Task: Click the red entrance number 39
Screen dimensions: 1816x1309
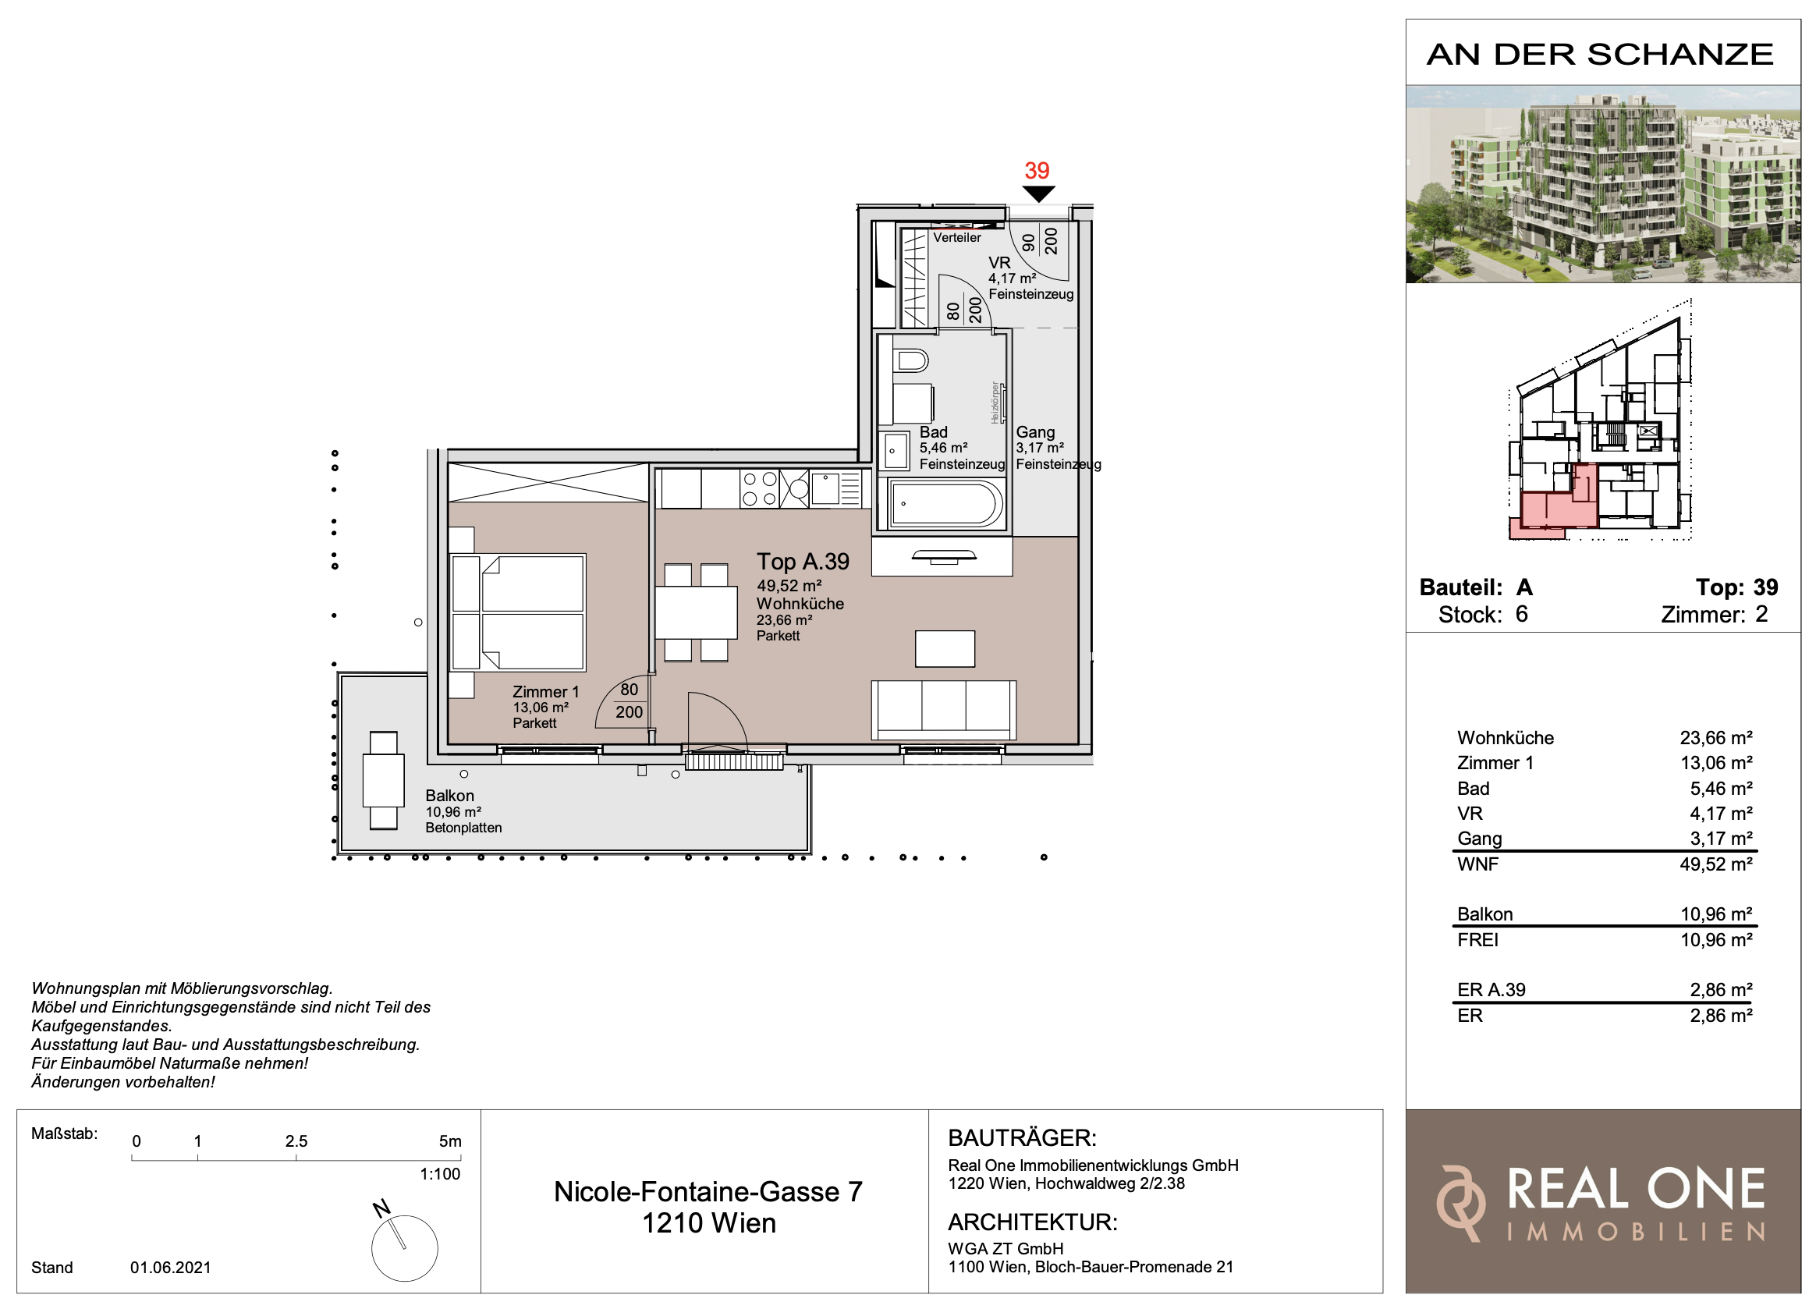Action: pyautogui.click(x=1037, y=171)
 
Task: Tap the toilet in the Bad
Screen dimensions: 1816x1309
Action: pyautogui.click(x=910, y=361)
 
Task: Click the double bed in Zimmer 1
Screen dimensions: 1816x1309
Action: pyautogui.click(x=518, y=612)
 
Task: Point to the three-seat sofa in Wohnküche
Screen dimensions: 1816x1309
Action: pyautogui.click(x=944, y=710)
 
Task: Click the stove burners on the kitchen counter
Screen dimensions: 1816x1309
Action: pyautogui.click(x=760, y=489)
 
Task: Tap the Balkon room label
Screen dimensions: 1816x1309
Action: pyautogui.click(x=449, y=796)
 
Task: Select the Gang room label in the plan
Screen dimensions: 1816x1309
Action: pyautogui.click(x=1035, y=432)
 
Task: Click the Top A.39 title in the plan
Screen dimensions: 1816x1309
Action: pyautogui.click(x=803, y=562)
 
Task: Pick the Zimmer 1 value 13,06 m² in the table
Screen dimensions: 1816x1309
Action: pyautogui.click(x=1716, y=763)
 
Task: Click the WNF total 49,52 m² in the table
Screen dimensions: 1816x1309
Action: pyautogui.click(x=1716, y=864)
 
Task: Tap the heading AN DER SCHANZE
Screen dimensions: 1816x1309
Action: pyautogui.click(x=1600, y=55)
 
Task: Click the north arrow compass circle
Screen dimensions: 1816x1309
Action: pyautogui.click(x=404, y=1248)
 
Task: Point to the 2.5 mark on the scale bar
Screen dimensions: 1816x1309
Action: pyautogui.click(x=296, y=1140)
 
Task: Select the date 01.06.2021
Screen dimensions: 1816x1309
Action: pyautogui.click(x=171, y=1268)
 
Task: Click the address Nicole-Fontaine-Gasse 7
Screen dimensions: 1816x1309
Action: pyautogui.click(x=708, y=1192)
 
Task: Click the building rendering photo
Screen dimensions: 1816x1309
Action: pyautogui.click(x=1603, y=184)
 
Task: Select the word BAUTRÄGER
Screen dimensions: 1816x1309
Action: pyautogui.click(x=1022, y=1137)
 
